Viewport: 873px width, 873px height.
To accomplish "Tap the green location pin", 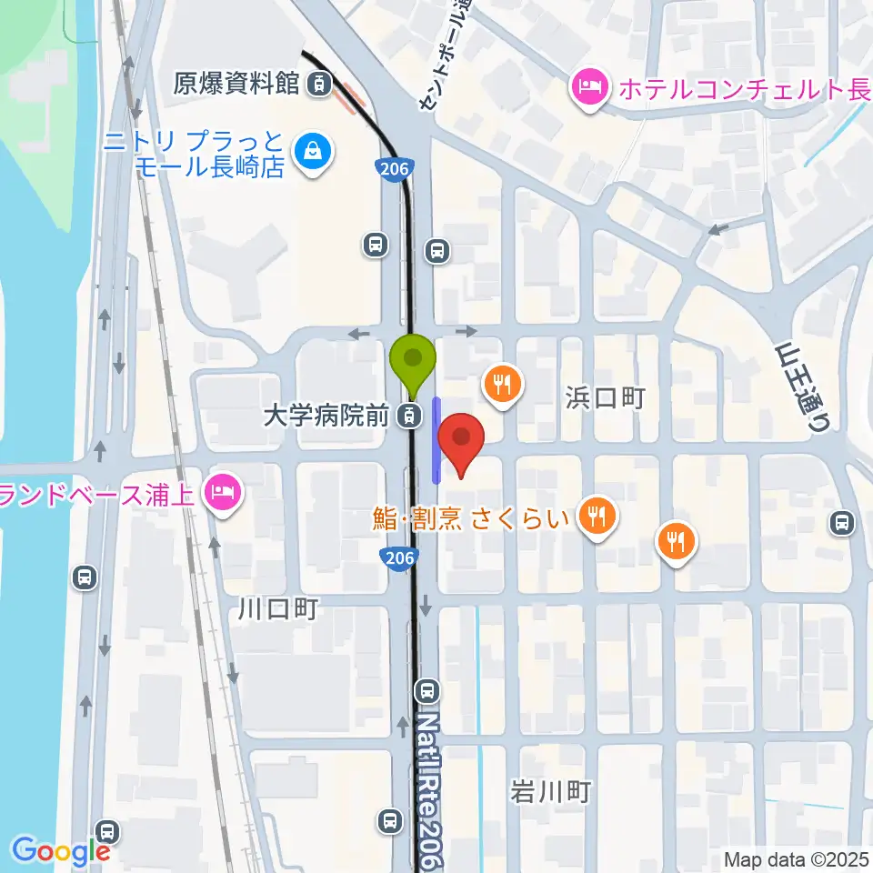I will tap(413, 357).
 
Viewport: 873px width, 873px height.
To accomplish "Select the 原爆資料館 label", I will tap(236, 85).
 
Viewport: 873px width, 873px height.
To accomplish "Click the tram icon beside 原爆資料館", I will tap(317, 85).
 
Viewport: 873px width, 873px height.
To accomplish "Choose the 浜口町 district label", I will tap(605, 397).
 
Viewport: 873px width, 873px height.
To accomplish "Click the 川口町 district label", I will tap(277, 608).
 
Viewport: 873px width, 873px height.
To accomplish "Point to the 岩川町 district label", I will tap(550, 792).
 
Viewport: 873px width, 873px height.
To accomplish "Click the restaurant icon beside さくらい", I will tap(597, 517).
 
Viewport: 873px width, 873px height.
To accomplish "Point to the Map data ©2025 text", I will tap(796, 858).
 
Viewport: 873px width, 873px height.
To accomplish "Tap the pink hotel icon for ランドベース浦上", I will tap(223, 493).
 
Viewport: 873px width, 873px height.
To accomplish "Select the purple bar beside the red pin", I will tap(436, 440).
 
